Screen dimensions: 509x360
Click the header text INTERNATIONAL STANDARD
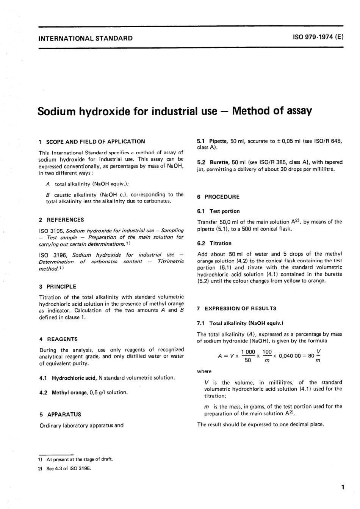[86, 38]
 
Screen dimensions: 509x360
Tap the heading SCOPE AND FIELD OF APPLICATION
[95, 141]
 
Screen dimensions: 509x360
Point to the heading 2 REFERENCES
[62, 220]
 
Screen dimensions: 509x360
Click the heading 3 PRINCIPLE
[58, 287]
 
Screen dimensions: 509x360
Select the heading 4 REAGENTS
[58, 339]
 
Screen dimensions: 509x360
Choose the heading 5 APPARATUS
[60, 415]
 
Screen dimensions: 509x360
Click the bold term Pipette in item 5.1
[219, 141]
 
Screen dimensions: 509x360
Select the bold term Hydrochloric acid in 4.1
[74, 378]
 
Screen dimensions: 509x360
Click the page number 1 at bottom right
[342, 487]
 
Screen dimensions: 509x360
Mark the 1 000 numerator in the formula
[248, 352]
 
